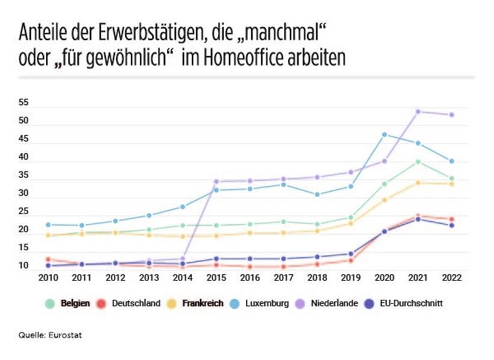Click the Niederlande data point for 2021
[417, 112]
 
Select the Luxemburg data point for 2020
[384, 134]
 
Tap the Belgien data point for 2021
[417, 162]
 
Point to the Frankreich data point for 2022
[451, 183]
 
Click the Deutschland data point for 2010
[48, 259]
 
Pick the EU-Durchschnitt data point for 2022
[451, 226]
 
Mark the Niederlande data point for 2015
[216, 182]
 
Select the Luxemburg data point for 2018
[317, 194]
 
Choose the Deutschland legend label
[136, 303]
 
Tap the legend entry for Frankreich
[202, 303]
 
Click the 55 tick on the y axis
[23, 103]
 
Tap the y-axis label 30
[23, 194]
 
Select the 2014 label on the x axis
[182, 278]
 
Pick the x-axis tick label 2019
[350, 278]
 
